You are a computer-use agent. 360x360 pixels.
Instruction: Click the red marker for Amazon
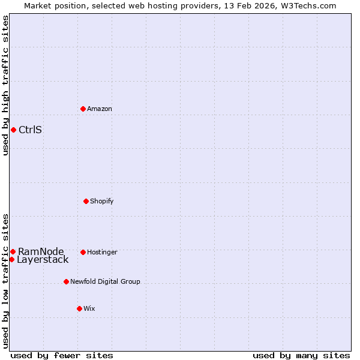(83, 109)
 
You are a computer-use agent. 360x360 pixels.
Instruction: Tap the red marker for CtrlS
(13, 130)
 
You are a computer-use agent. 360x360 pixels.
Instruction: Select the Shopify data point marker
(86, 201)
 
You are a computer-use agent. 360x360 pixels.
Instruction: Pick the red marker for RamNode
(13, 251)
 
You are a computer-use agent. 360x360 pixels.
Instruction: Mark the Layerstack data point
(11, 259)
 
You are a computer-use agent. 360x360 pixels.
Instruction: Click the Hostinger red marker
(83, 252)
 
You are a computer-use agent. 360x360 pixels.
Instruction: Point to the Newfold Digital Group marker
(66, 281)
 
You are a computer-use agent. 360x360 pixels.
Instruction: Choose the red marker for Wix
(79, 308)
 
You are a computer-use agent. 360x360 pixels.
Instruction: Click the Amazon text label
(100, 109)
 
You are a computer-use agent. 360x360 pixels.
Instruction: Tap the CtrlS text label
(30, 130)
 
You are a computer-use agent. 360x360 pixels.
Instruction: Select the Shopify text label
(102, 201)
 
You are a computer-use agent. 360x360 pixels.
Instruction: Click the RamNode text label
(41, 251)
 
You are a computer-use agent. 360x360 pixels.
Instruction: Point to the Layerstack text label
(43, 260)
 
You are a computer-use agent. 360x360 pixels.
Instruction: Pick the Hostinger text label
(102, 252)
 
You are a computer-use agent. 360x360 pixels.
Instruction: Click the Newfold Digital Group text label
(105, 281)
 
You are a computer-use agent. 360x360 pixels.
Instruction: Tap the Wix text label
(89, 308)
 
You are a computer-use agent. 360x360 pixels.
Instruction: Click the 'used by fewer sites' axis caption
(62, 355)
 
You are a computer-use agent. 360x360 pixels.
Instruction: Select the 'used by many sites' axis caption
(301, 355)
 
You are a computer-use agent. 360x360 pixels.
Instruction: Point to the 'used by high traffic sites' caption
(5, 85)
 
